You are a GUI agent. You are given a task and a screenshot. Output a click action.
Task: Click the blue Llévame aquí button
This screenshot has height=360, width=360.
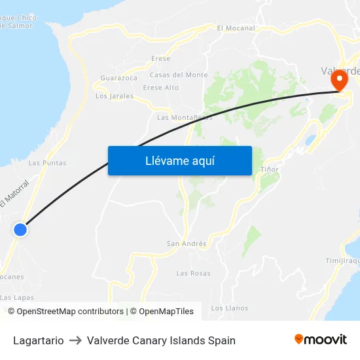point(179,161)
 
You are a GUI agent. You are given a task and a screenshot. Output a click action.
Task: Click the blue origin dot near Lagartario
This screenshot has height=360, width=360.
point(20,230)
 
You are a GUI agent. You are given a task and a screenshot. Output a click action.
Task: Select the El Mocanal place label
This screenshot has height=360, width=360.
point(236,28)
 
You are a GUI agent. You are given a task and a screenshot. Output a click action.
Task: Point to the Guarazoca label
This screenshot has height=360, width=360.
point(119,78)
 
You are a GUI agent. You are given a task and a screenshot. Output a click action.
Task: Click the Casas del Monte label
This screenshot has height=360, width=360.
point(179,75)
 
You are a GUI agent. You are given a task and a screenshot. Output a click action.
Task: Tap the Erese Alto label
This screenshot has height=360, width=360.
point(160,88)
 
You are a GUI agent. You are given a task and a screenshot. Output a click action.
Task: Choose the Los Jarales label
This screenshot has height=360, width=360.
point(115,96)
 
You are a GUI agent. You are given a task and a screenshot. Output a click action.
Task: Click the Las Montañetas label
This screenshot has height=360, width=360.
point(185,118)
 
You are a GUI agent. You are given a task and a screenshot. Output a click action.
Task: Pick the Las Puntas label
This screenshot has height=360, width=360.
point(47,163)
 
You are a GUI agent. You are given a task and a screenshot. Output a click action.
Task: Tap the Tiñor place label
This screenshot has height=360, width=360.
point(269,170)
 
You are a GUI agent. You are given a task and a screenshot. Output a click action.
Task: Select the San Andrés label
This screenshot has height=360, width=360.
point(187,244)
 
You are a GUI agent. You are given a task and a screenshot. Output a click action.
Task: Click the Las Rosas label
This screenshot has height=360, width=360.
point(193,273)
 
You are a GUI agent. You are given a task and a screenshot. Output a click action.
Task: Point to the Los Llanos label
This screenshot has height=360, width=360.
point(229,308)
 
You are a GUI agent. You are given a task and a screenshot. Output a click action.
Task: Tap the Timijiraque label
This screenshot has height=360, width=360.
point(343,261)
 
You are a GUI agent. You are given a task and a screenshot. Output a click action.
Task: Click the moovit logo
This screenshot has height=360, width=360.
point(321,339)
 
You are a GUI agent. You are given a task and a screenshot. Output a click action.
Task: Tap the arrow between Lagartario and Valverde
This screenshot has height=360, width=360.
point(75,340)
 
